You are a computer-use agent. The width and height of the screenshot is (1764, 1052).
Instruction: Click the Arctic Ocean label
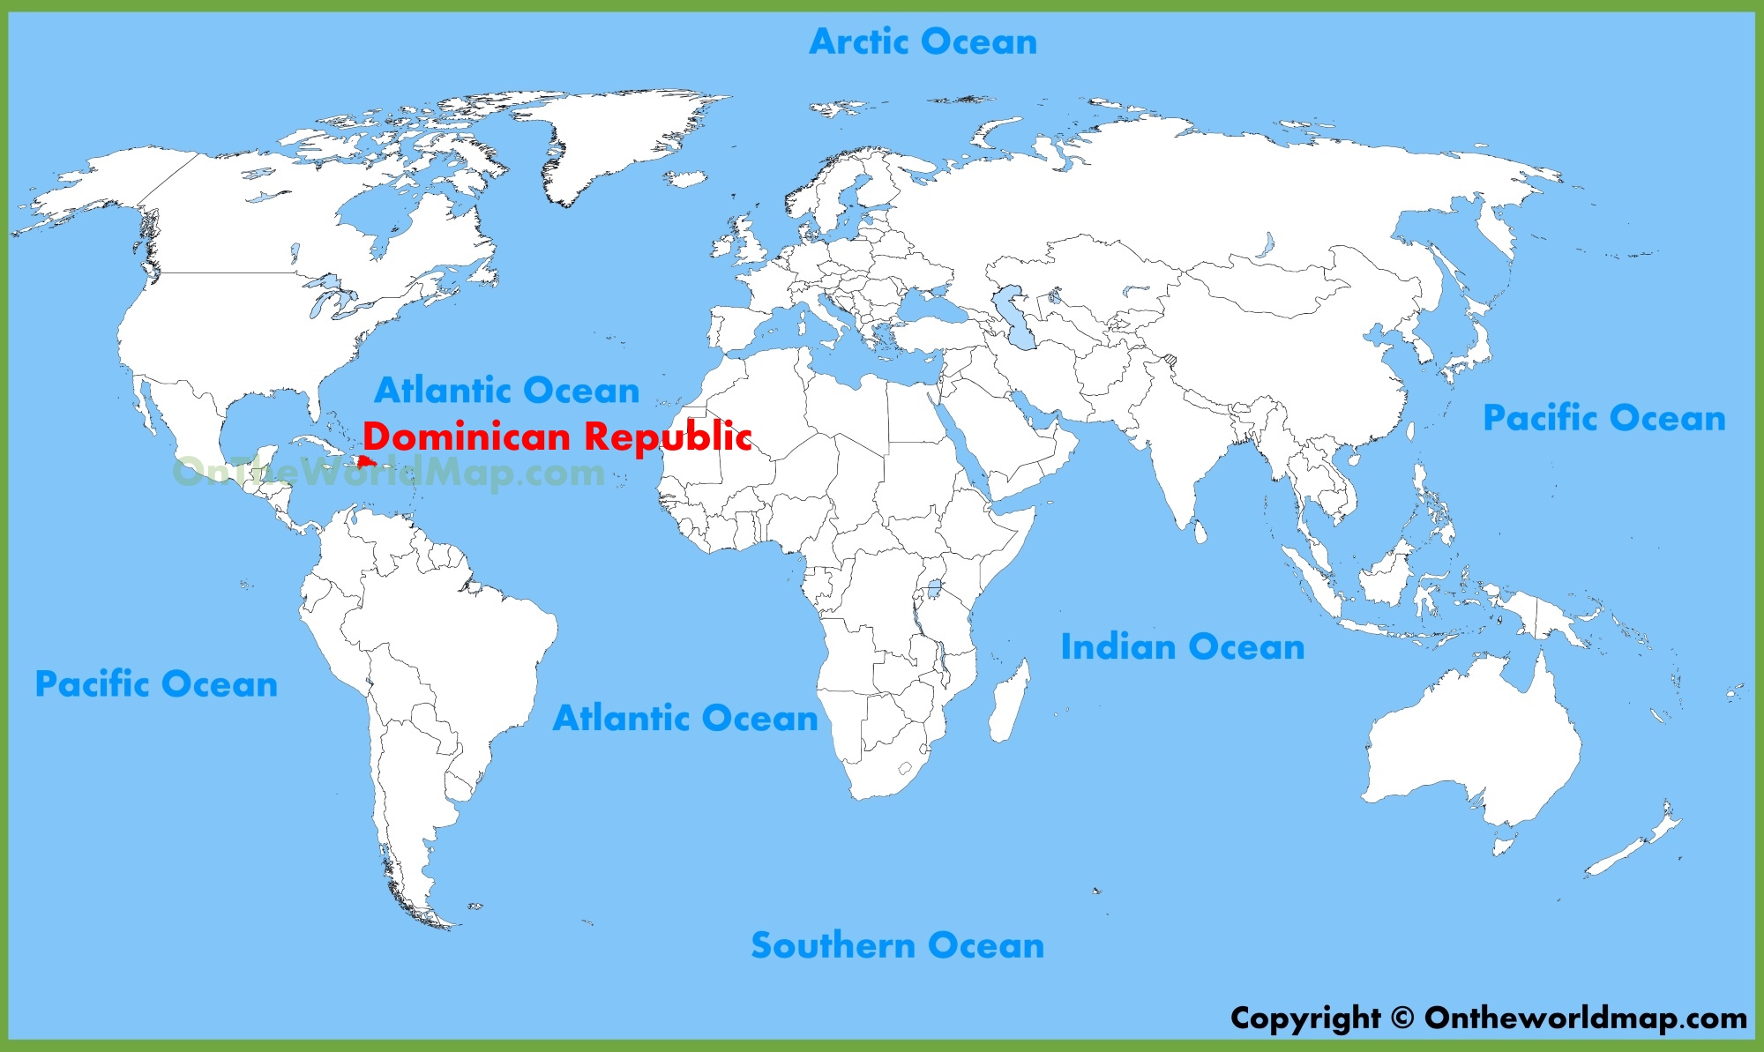[x=923, y=41]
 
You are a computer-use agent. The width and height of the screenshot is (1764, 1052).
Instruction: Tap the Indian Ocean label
[x=1182, y=646]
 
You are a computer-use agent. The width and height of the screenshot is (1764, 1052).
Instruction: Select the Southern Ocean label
[x=897, y=944]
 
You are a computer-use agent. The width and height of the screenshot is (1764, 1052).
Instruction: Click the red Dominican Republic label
[x=557, y=436]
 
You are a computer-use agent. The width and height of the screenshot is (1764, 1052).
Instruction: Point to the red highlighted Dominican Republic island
[x=366, y=461]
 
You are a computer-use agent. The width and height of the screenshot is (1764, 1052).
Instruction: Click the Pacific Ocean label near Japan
[x=1603, y=417]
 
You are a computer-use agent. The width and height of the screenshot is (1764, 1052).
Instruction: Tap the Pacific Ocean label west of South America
[x=156, y=683]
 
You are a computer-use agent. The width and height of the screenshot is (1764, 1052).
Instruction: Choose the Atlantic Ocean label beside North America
[x=506, y=390]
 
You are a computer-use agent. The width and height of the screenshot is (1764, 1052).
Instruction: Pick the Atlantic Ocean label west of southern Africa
[x=684, y=718]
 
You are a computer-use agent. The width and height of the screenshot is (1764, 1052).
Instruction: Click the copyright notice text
[x=1488, y=1018]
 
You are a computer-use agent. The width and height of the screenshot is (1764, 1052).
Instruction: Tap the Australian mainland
[x=1473, y=741]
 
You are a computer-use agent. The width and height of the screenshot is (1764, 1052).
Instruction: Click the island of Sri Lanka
[x=1200, y=532]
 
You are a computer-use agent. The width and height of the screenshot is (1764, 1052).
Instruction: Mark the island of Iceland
[x=685, y=179]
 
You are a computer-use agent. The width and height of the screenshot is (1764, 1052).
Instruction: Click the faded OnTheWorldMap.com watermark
[x=388, y=473]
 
